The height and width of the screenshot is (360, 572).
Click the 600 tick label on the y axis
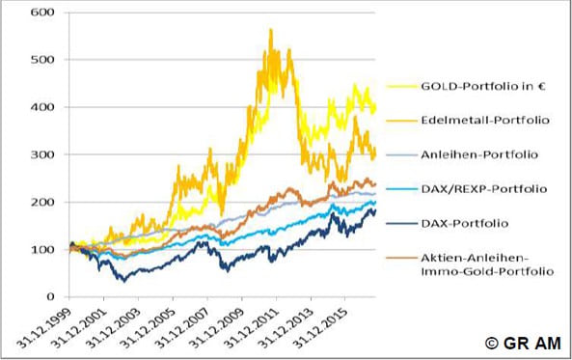tap(42, 12)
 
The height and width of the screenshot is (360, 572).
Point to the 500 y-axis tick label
tap(42, 60)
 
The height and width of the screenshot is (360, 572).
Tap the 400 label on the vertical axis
tap(42, 107)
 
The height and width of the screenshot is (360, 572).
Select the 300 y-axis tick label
tap(42, 154)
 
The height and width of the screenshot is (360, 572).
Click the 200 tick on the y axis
tap(42, 202)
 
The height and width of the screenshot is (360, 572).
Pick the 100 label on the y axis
tap(42, 249)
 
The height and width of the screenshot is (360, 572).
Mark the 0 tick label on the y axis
tap(50, 296)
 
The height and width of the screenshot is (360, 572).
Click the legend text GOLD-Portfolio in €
tap(483, 87)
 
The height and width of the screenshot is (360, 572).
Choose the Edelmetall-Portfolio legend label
tap(485, 120)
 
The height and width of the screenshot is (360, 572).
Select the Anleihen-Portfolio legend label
tap(479, 154)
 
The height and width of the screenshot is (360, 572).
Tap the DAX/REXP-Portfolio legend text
tap(484, 189)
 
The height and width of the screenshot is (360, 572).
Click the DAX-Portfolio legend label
tap(464, 223)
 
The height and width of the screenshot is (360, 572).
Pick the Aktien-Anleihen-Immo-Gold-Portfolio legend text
tap(487, 264)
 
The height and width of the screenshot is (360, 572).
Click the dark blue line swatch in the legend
tap(401, 224)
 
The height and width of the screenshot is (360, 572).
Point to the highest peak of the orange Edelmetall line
tap(271, 30)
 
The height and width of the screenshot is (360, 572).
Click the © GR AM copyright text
tap(523, 343)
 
